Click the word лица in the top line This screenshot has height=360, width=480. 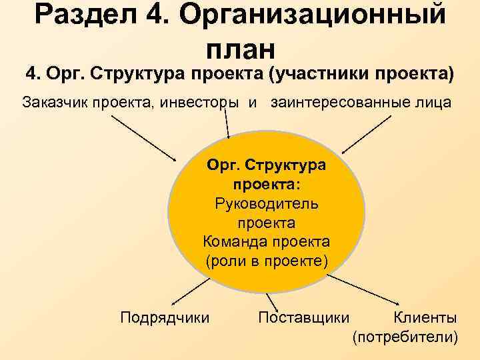coord(433,103)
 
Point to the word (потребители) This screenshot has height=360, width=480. coord(405,337)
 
